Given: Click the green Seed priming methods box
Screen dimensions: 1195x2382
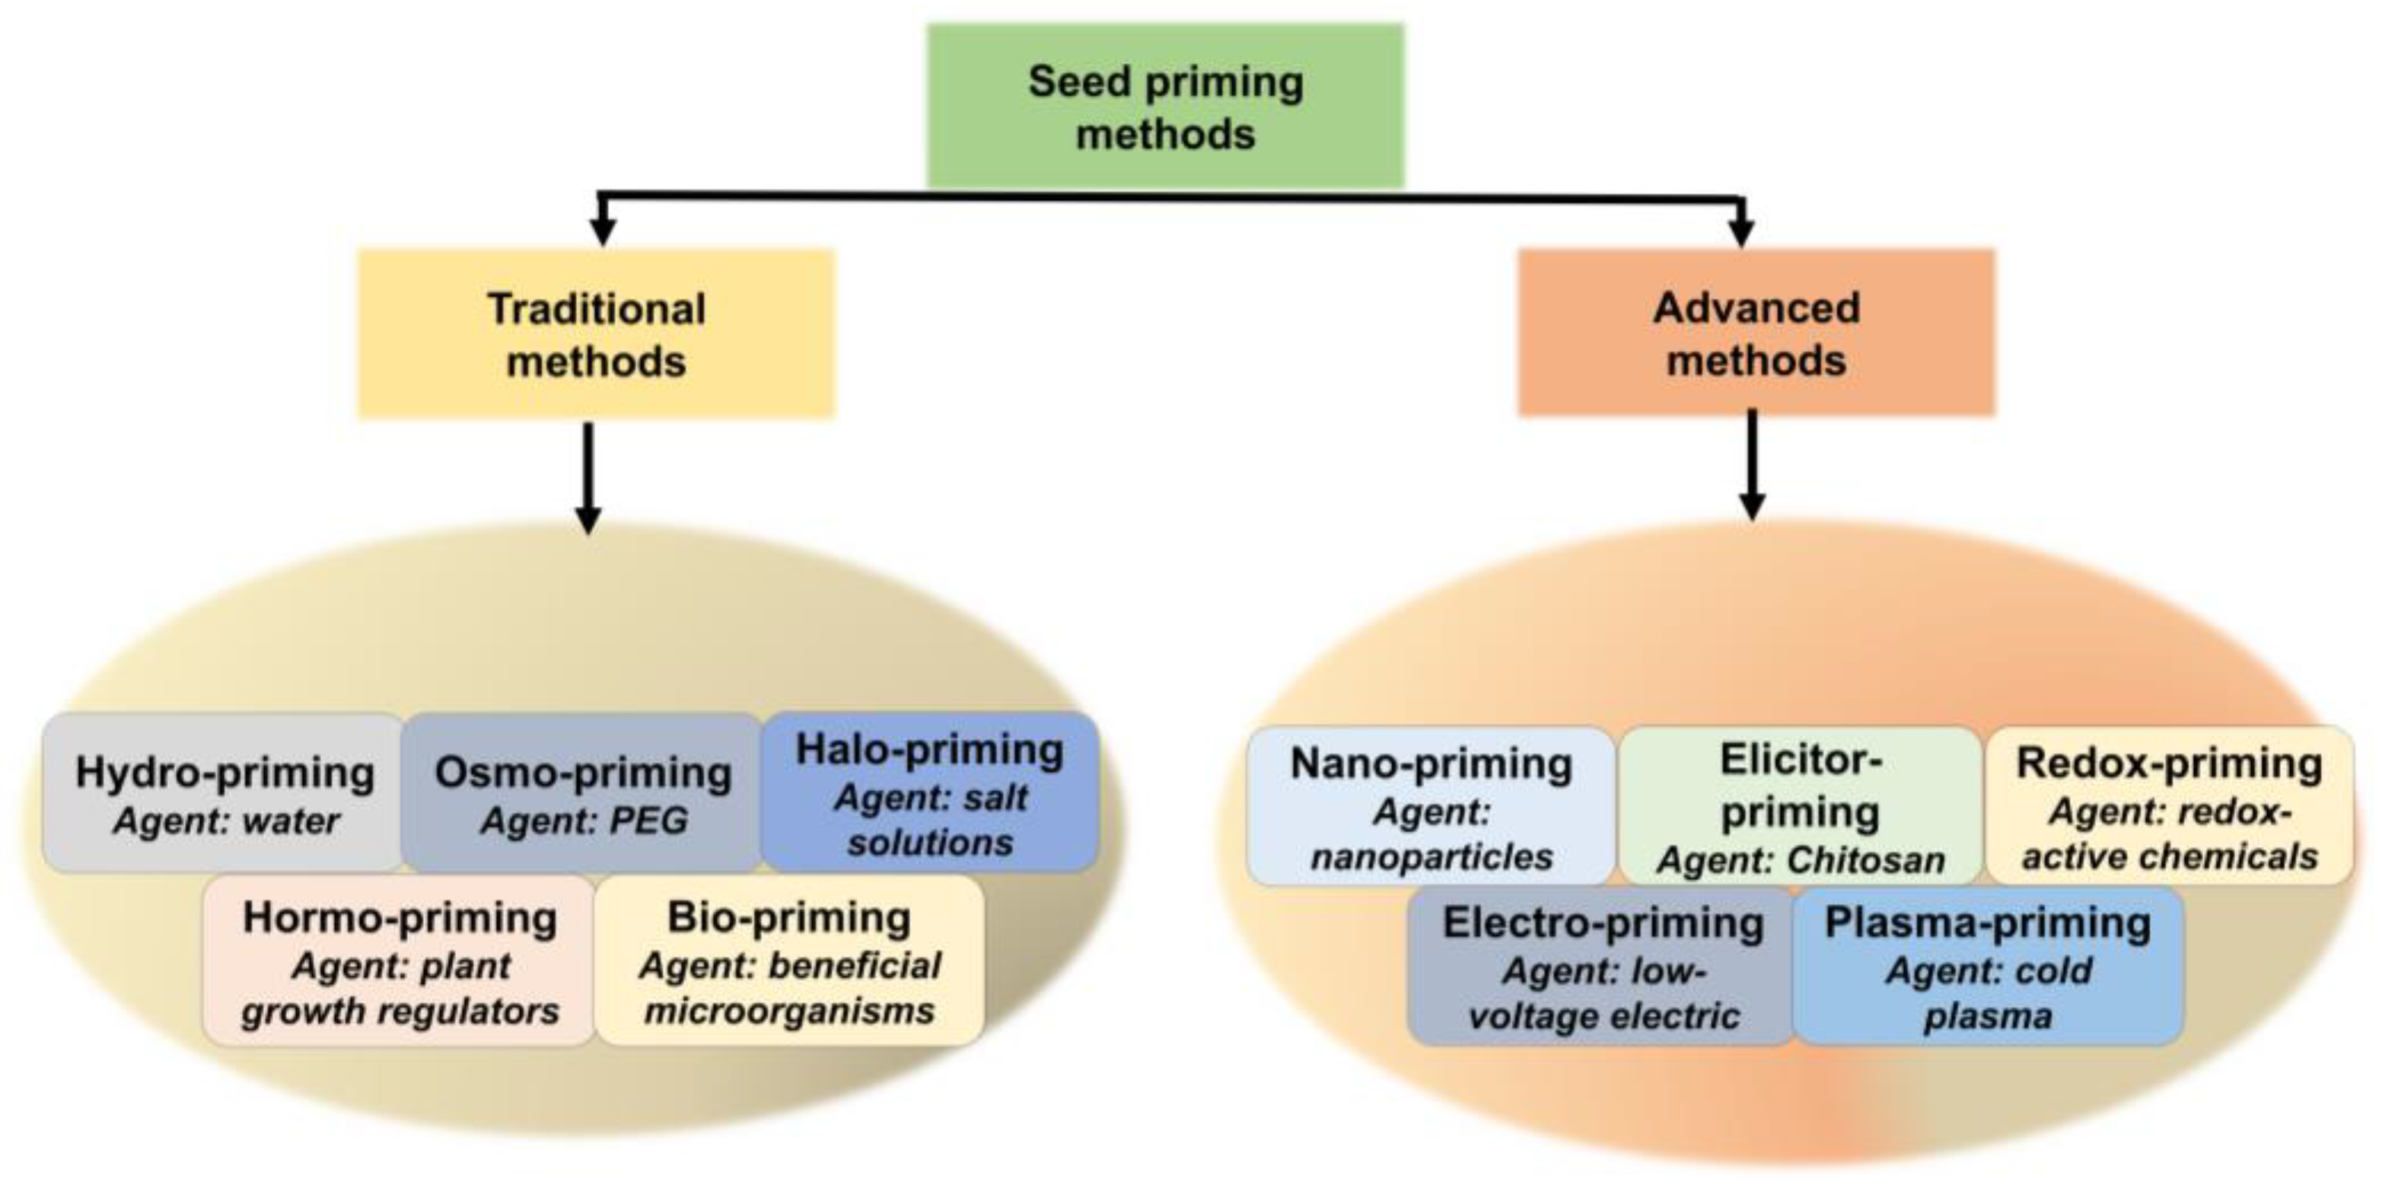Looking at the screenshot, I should point(1165,107).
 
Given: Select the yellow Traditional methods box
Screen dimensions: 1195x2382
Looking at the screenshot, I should point(597,334).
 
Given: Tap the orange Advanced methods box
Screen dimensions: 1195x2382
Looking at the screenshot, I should point(1755,333).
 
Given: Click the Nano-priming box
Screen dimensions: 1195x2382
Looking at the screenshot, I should point(1431,807).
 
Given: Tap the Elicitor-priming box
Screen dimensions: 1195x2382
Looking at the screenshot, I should point(1800,807).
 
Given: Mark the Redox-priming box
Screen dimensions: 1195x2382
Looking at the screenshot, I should point(2168,807).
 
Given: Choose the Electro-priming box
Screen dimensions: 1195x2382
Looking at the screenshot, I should point(1601,967).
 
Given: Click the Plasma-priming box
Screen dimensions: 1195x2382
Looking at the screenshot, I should point(1988,967).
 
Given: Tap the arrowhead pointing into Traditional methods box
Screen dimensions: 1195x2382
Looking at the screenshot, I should point(603,229).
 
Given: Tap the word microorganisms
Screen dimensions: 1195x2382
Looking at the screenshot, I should point(788,1010).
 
